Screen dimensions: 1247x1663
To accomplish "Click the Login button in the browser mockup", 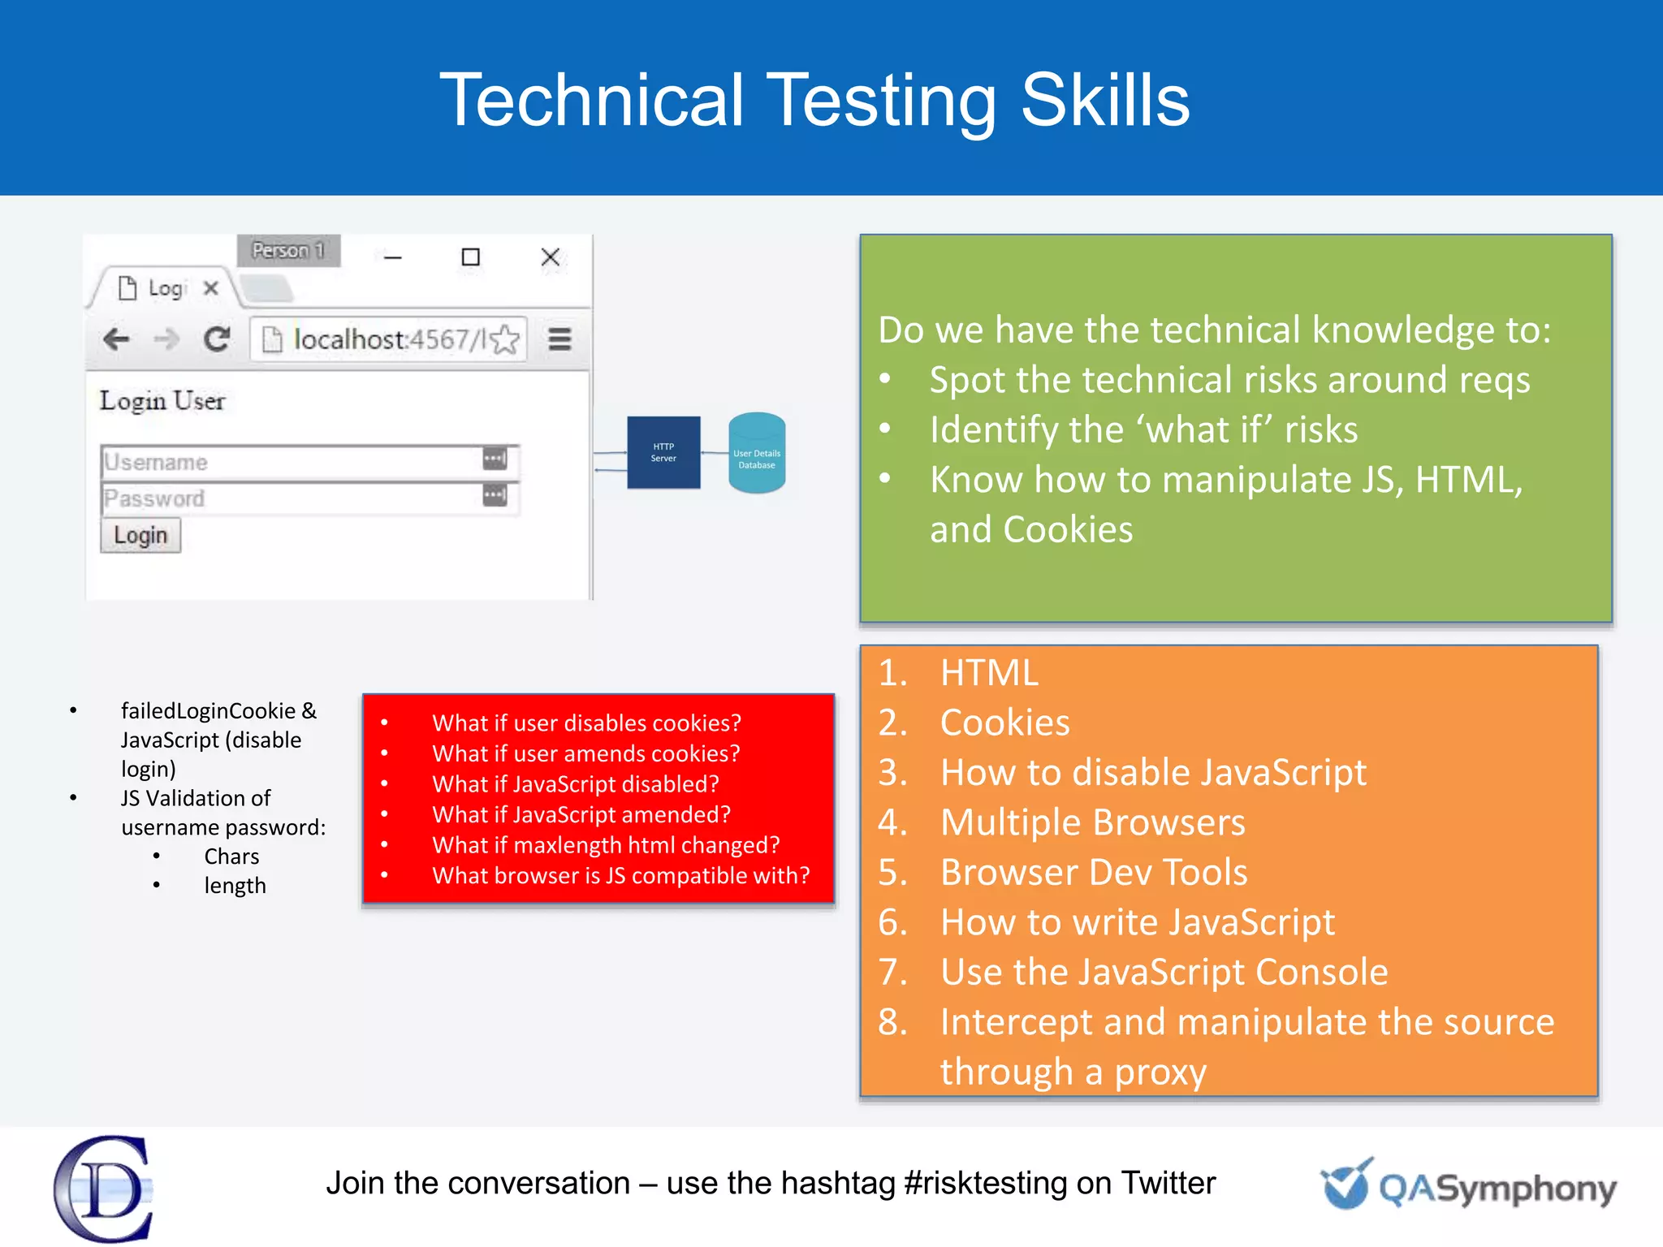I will pos(140,536).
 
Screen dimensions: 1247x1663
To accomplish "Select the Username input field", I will pos(292,462).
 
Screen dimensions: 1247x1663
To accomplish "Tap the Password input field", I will pos(292,498).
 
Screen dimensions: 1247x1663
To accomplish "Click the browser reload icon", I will pos(217,339).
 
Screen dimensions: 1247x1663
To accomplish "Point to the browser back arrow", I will pos(117,339).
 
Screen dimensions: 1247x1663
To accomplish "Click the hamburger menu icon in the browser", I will pos(559,339).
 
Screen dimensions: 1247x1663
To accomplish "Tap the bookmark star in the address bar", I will pos(505,339).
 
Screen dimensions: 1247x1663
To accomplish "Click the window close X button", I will pos(550,257).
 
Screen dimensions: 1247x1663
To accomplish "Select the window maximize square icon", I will pos(470,257).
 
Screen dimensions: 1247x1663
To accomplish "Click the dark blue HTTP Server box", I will pos(663,452).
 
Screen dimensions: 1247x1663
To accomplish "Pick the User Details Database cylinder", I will pos(757,453).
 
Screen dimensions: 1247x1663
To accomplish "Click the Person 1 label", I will pos(288,250).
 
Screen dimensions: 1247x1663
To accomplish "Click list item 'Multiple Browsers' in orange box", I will pos(1092,822).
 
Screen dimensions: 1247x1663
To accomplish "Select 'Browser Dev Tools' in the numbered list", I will pos(1093,872).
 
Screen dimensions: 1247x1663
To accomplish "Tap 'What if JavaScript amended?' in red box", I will pos(581,814).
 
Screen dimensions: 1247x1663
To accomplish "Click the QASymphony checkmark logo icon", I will pos(1346,1184).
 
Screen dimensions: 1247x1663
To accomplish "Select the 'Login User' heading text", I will pos(162,401).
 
